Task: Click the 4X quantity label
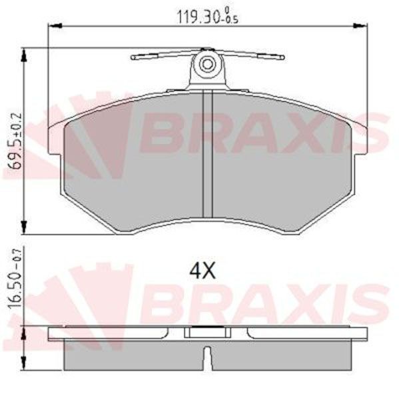[x=202, y=271]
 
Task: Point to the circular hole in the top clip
[x=207, y=65]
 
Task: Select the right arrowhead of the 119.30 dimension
[x=363, y=25]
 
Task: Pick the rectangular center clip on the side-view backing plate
[x=206, y=331]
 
